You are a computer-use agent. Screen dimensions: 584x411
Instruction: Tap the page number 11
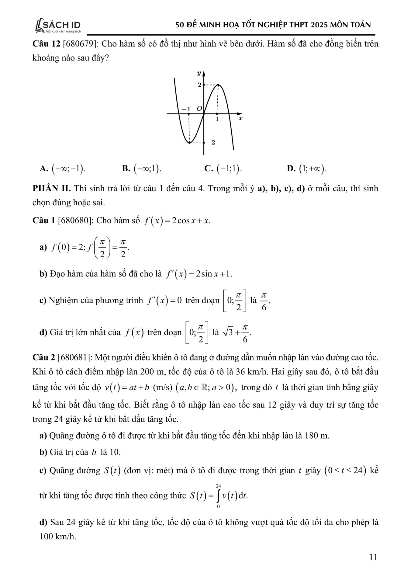pos(373,557)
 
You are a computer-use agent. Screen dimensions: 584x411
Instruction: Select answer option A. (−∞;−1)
pos(63,168)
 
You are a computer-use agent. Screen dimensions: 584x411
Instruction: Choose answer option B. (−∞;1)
pos(142,168)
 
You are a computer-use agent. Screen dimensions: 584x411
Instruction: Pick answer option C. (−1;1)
pos(223,168)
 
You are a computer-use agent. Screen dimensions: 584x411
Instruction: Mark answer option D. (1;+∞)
pos(307,168)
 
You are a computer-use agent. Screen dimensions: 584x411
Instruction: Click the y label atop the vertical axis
pos(199,73)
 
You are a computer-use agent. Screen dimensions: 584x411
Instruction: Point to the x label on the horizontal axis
pos(240,118)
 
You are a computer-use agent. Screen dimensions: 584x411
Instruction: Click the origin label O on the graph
pos(199,109)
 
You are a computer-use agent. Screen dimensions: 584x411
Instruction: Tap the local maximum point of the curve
pos(218,85)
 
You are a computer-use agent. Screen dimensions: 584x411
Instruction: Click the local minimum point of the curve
pos(189,142)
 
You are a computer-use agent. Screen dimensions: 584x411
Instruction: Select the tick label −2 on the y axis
pos(211,142)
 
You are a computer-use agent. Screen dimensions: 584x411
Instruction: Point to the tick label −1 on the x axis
pos(186,109)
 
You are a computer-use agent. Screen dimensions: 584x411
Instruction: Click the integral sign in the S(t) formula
pos(218,496)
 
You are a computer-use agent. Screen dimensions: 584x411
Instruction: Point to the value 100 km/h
pos(58,537)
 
